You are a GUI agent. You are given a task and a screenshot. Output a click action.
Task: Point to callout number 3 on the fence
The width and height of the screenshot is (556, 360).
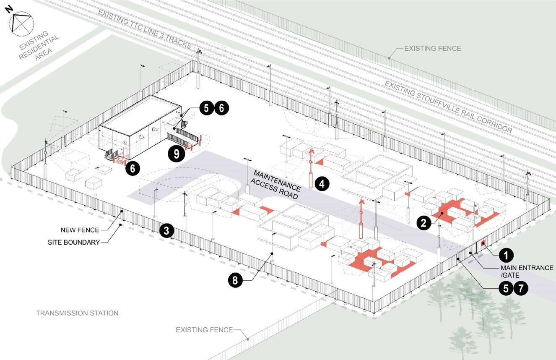pyautogui.click(x=166, y=230)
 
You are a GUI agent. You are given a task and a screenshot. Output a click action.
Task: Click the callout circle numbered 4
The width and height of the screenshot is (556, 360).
pyautogui.click(x=322, y=183)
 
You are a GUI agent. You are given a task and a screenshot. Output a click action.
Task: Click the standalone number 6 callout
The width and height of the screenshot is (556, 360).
pyautogui.click(x=132, y=169)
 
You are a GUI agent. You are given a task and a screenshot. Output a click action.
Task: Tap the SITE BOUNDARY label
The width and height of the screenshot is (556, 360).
pyautogui.click(x=79, y=242)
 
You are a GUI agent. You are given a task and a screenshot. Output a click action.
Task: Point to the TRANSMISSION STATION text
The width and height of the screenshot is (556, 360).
pyautogui.click(x=77, y=313)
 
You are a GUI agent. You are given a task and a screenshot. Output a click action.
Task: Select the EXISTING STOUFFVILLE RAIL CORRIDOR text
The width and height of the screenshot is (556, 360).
pyautogui.click(x=448, y=106)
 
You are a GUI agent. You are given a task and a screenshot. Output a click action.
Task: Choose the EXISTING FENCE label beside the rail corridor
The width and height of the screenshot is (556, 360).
pyautogui.click(x=432, y=49)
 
